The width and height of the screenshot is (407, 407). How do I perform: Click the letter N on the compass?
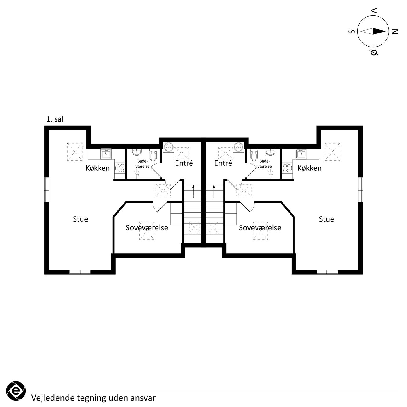coord(394,31)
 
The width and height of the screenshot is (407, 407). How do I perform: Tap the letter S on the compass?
coord(351,31)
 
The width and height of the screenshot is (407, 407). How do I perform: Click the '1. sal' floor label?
coord(55,119)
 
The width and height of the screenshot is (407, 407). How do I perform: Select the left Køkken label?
coord(98,168)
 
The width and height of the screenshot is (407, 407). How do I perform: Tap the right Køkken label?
coord(309,168)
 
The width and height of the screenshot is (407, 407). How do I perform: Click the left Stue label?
coord(81,219)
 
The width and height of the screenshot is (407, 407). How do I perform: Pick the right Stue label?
coord(326,219)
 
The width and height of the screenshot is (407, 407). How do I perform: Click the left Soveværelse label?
coord(147,228)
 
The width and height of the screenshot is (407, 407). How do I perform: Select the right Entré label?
coord(223,163)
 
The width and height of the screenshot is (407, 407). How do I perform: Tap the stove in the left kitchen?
coord(120,168)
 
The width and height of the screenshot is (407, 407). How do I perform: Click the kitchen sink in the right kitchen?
coord(301,153)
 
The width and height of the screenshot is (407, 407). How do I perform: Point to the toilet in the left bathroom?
coord(153,154)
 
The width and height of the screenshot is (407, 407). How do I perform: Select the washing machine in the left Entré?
coord(169,147)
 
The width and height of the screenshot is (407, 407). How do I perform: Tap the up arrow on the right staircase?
coord(214,191)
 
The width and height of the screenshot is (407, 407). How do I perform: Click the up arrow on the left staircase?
coord(193,191)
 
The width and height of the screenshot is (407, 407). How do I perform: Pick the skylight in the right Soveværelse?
coord(260,231)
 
